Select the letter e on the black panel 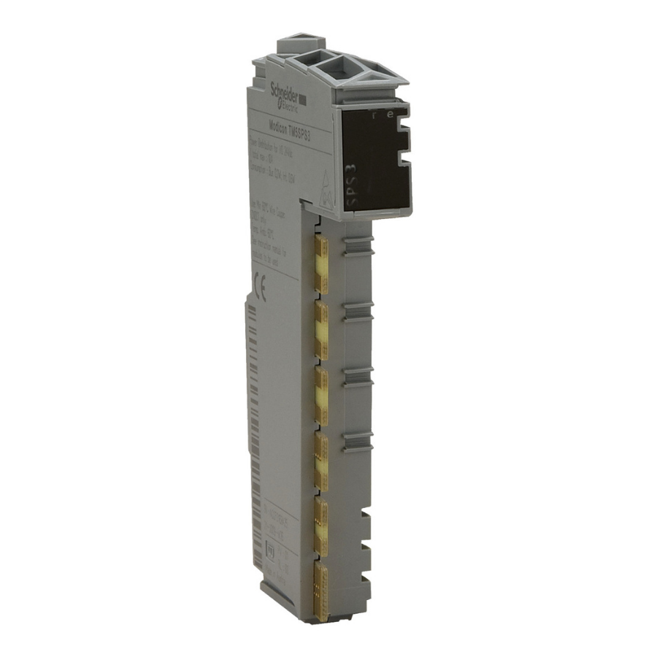393,115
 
